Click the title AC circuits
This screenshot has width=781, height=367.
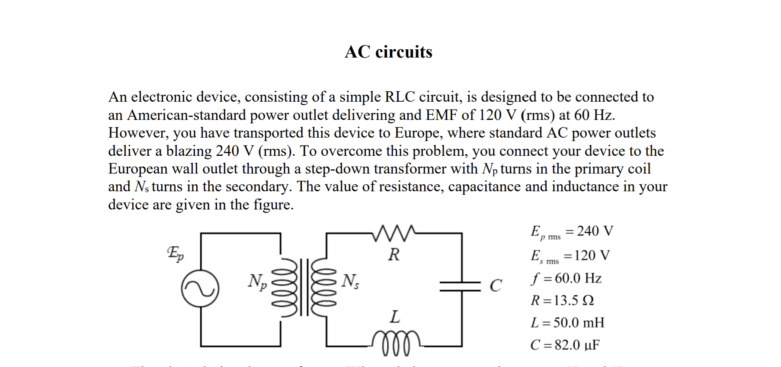(x=388, y=52)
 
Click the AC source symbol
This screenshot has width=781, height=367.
(x=200, y=289)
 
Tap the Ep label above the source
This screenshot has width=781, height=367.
(x=175, y=254)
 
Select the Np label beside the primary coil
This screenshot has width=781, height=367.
(x=257, y=281)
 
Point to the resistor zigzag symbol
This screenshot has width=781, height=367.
(x=394, y=233)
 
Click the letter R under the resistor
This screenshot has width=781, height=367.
(x=394, y=254)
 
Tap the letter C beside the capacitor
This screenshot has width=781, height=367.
(x=496, y=286)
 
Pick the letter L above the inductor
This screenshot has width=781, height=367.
(x=394, y=317)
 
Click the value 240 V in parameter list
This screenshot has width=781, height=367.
(x=595, y=231)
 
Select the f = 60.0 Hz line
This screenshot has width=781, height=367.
(x=566, y=278)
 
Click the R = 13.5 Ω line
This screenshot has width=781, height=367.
(x=562, y=300)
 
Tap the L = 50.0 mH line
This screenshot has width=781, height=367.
(x=567, y=323)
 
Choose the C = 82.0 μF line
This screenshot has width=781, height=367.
(x=565, y=345)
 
